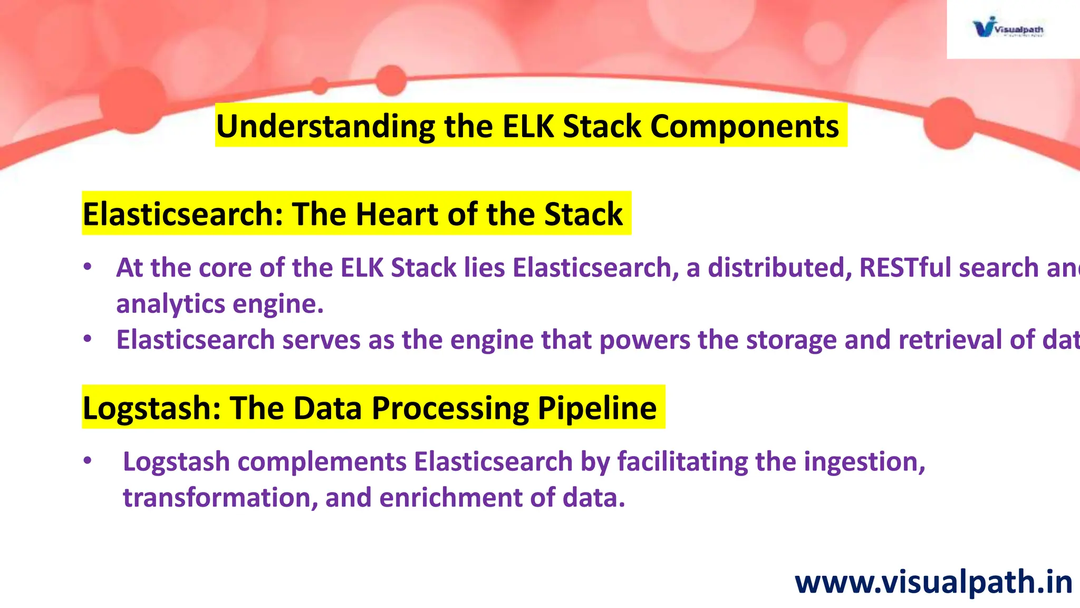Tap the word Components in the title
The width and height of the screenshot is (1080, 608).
(x=744, y=127)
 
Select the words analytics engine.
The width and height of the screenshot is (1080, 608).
(x=219, y=304)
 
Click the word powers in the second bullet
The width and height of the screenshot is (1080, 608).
(x=644, y=340)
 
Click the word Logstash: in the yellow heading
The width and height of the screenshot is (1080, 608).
(x=152, y=408)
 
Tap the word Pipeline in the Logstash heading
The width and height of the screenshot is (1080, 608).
(x=597, y=408)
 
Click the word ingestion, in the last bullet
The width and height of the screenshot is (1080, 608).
(x=864, y=462)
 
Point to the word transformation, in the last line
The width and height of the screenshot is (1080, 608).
(x=220, y=498)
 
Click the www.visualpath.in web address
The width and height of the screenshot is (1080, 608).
(x=933, y=583)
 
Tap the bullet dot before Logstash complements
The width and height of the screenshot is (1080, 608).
(x=88, y=461)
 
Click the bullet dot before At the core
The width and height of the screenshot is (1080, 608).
(x=88, y=267)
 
